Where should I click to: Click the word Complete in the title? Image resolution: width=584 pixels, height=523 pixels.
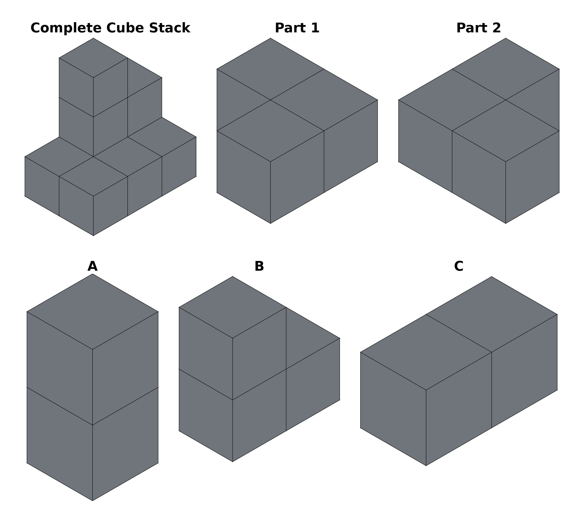(66, 28)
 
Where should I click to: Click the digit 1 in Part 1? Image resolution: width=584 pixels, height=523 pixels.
(316, 28)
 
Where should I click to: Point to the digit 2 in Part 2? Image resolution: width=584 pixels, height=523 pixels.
(497, 28)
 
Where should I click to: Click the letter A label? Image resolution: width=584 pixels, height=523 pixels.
(92, 266)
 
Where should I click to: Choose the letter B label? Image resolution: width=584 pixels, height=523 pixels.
(259, 266)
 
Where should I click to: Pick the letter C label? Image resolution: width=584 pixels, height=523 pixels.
(459, 266)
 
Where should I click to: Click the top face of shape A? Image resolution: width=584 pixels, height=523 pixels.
(92, 312)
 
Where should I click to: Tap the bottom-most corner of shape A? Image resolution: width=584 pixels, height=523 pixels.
(92, 501)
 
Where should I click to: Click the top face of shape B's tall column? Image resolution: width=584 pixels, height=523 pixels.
(233, 308)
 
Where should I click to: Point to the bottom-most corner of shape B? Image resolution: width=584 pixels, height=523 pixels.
(233, 462)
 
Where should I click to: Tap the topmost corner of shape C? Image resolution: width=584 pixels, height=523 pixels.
(492, 277)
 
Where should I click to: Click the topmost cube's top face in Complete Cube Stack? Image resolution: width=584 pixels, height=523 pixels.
(93, 58)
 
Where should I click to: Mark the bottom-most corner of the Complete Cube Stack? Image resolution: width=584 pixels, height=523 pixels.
(93, 236)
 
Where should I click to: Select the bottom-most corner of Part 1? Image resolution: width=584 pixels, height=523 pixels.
(270, 223)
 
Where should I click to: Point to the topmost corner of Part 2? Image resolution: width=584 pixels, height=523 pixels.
(505, 38)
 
